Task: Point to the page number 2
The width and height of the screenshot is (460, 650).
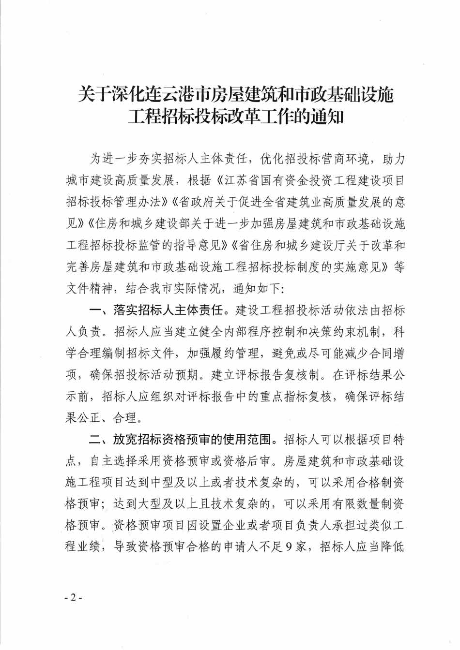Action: pyautogui.click(x=74, y=597)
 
